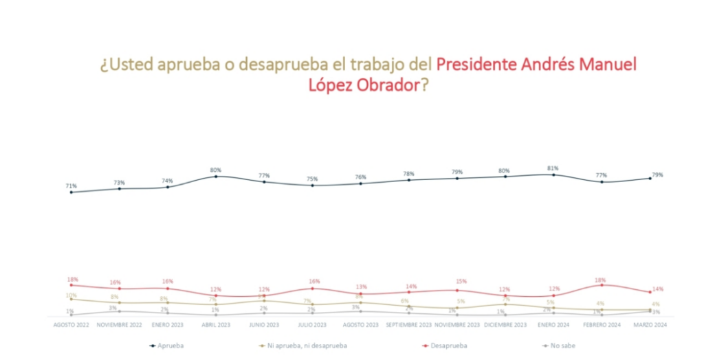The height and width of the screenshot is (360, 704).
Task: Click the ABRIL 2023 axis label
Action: (x=216, y=324)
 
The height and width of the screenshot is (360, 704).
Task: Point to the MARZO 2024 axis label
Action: (x=650, y=324)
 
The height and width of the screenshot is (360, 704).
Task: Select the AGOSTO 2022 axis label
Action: (x=71, y=324)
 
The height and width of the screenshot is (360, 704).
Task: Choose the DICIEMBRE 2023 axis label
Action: (x=505, y=324)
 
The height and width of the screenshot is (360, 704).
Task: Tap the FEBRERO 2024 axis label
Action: (x=602, y=324)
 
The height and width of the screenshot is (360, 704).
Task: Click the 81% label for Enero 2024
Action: (x=553, y=168)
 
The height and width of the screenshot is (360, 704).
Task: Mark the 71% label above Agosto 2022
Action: (x=71, y=185)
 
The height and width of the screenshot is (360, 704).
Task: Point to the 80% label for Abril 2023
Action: (x=216, y=170)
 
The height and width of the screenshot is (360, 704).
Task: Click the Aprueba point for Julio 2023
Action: (x=312, y=185)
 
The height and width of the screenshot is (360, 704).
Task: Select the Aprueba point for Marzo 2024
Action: (x=650, y=179)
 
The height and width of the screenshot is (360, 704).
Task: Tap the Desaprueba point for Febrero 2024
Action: (x=602, y=285)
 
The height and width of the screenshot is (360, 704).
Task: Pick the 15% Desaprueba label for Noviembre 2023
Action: (x=456, y=282)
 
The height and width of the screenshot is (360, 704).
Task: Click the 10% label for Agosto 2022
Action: (x=71, y=295)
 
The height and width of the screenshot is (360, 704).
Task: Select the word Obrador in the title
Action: (x=381, y=87)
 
